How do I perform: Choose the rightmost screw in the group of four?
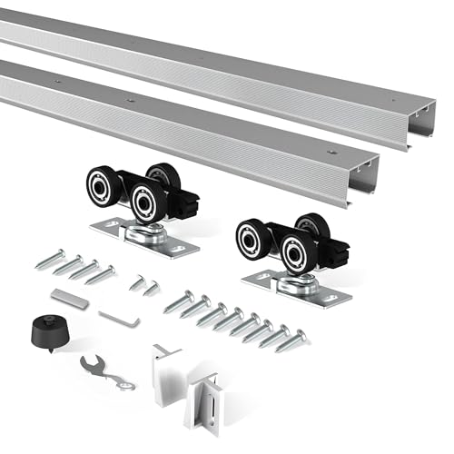pyautogui.click(x=101, y=273)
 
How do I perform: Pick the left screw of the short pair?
pyautogui.click(x=137, y=282)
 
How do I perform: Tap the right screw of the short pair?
pyautogui.click(x=152, y=288)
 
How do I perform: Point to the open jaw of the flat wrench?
pyautogui.click(x=88, y=363)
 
